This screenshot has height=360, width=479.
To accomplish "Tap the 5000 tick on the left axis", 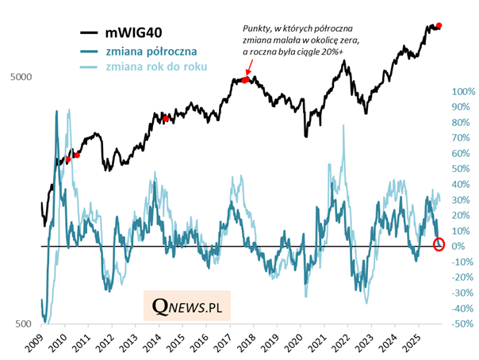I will [21, 78].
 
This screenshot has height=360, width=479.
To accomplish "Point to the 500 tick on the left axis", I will [24, 324].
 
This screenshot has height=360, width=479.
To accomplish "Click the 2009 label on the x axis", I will [33, 344].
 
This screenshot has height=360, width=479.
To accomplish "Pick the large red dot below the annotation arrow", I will [246, 80].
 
